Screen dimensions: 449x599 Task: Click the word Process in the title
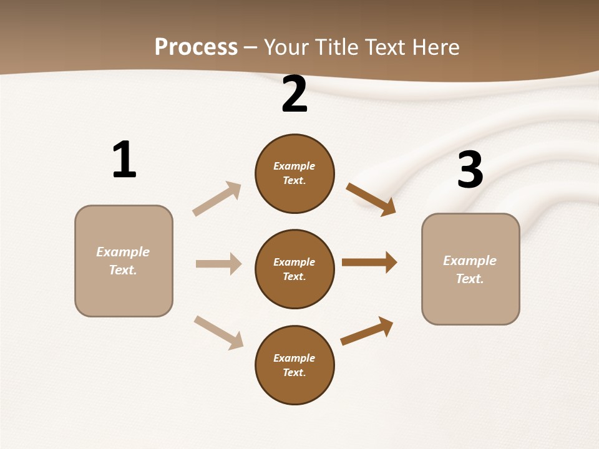tap(196, 47)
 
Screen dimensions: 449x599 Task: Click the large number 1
tap(124, 160)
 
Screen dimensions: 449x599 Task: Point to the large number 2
tap(295, 94)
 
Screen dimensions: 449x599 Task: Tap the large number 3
tap(470, 170)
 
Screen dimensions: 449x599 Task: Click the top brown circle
tap(295, 173)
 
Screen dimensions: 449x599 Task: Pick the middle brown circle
tap(295, 269)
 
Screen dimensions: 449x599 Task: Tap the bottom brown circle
tap(295, 365)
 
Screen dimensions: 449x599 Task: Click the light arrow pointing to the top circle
tap(217, 199)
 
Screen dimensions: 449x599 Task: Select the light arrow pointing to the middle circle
tap(218, 264)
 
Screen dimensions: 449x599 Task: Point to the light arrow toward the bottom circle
tap(218, 332)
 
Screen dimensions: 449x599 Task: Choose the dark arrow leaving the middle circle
tap(369, 263)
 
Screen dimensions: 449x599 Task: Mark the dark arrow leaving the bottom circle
tap(367, 331)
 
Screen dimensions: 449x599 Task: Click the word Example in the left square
tap(123, 252)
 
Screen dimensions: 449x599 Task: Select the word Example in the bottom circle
tap(294, 358)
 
